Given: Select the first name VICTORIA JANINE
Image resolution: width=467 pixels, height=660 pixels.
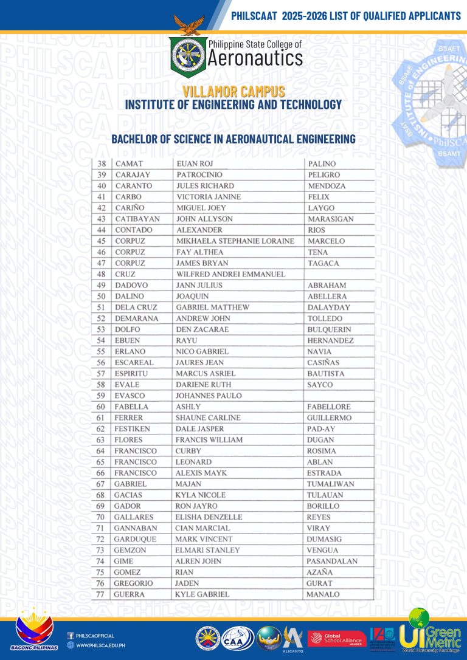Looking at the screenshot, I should click(x=208, y=197).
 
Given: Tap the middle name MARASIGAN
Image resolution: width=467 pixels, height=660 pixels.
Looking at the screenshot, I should click(x=331, y=219).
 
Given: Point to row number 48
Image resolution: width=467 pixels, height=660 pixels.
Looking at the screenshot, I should click(x=102, y=274).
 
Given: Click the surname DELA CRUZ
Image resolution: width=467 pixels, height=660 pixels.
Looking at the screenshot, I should click(x=136, y=308).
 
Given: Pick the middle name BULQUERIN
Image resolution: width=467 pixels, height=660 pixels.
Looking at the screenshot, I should click(x=329, y=329).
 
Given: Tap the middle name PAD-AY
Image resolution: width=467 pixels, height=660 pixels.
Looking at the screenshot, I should click(x=320, y=429).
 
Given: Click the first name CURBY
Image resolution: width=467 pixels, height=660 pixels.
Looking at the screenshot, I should click(x=188, y=451).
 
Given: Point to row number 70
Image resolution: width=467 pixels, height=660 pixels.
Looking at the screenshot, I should click(x=102, y=517).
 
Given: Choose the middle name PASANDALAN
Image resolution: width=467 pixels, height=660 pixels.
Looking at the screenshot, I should click(x=332, y=561).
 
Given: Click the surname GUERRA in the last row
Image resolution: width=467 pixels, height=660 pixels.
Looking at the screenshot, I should click(x=129, y=594).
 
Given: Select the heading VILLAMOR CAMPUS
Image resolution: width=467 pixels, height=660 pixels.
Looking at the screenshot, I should click(x=233, y=92).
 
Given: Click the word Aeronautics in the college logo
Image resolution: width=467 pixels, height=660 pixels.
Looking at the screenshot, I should click(x=255, y=58).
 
